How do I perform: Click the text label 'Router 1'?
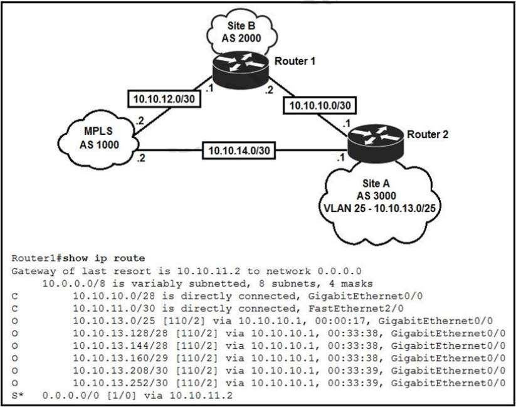[x=295, y=61]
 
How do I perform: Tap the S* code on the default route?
[x=16, y=394]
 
